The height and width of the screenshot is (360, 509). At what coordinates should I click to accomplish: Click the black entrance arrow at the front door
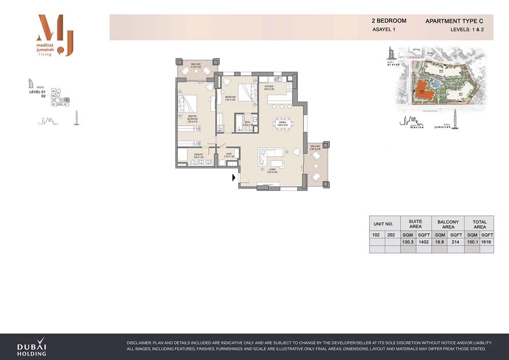(x=234, y=178)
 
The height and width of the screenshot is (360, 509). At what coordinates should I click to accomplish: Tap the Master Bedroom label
(x=192, y=119)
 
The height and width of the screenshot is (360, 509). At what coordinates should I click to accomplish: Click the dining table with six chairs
(x=282, y=122)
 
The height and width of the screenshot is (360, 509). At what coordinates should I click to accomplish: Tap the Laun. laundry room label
(x=229, y=155)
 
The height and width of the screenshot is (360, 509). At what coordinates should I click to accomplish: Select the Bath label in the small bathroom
(x=246, y=123)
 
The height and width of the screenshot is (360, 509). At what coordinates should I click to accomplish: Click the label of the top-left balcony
(x=196, y=66)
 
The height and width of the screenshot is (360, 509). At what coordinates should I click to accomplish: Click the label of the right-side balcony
(x=316, y=148)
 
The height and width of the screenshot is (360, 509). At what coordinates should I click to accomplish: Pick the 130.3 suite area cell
(x=408, y=242)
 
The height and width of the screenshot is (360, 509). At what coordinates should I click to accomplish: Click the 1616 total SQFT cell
(x=487, y=242)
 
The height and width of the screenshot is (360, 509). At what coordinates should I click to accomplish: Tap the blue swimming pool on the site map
(x=437, y=83)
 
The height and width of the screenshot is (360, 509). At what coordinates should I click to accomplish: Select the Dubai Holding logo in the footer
(x=32, y=347)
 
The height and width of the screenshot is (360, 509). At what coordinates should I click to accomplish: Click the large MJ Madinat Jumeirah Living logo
(x=55, y=36)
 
